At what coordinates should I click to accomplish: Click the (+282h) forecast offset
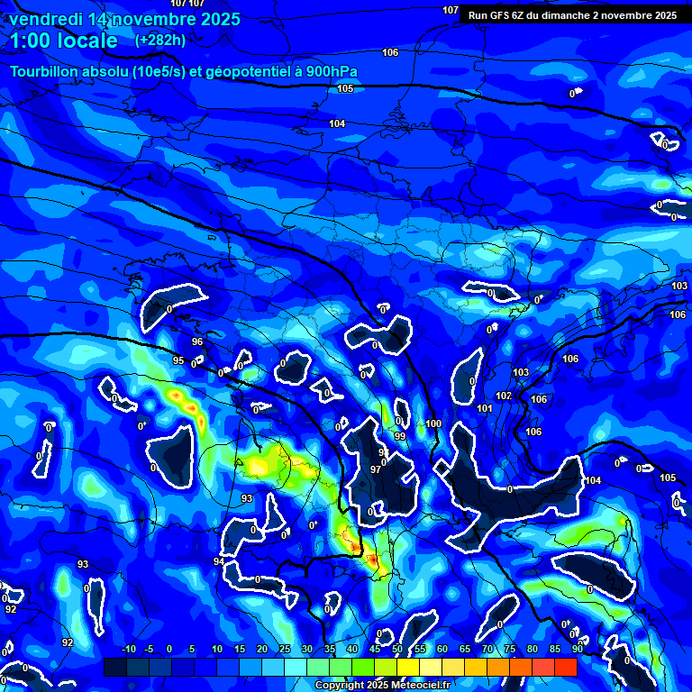pyautogui.click(x=160, y=41)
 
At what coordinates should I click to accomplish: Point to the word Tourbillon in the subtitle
pyautogui.click(x=48, y=71)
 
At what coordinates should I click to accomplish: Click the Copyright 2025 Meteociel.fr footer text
pyautogui.click(x=382, y=686)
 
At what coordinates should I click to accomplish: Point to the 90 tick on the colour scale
pyautogui.click(x=577, y=650)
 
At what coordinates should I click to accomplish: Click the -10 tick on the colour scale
pyautogui.click(x=127, y=650)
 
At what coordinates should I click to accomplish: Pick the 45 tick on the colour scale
pyautogui.click(x=375, y=650)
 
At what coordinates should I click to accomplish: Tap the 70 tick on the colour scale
pyautogui.click(x=487, y=650)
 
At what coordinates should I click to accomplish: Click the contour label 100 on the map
pyautogui.click(x=433, y=423)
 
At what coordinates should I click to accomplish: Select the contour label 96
pyautogui.click(x=197, y=342)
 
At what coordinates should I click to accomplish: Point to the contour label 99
pyautogui.click(x=400, y=436)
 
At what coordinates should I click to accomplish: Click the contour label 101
pyautogui.click(x=485, y=408)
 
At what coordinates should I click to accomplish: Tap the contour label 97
pyautogui.click(x=376, y=469)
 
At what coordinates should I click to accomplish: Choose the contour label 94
pyautogui.click(x=218, y=561)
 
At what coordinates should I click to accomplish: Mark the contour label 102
pyautogui.click(x=504, y=396)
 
